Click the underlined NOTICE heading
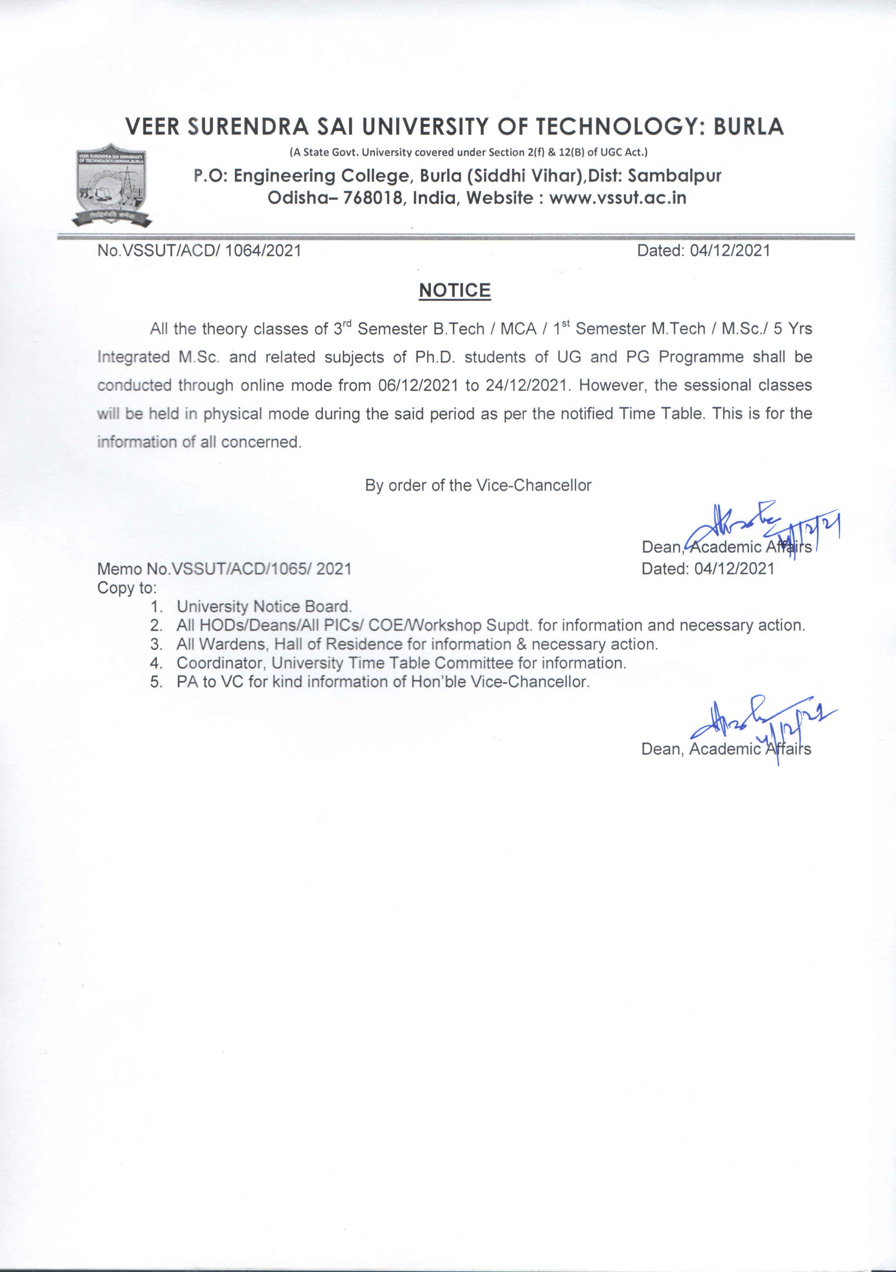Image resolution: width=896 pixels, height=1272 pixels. pos(455,291)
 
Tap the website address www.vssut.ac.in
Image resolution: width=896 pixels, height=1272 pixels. pos(618,198)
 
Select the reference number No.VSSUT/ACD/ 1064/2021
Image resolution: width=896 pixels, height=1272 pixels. pos(199,251)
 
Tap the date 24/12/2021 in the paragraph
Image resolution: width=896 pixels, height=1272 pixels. pos(526,386)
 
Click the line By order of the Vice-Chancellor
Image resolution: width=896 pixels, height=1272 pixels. pos(478,486)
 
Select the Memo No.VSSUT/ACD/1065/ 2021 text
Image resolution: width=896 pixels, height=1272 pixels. pos(224,569)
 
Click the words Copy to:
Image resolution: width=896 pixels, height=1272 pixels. pos(127,588)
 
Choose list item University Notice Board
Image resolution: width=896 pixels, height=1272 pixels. pos(264,607)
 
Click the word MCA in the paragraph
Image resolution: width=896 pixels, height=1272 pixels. pos(518,329)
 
